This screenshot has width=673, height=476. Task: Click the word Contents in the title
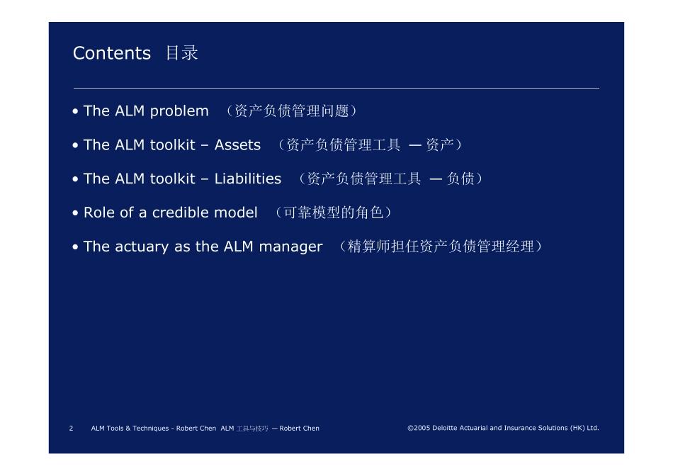coord(112,53)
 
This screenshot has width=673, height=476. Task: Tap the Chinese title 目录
coord(182,53)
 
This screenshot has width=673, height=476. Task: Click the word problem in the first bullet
coord(179,112)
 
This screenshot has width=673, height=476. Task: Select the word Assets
coord(237,145)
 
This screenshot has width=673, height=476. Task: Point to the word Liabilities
coord(248,178)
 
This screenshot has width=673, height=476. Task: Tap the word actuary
coord(142,247)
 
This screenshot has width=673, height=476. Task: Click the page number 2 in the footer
coord(72,429)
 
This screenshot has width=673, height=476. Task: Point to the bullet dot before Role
coord(76,213)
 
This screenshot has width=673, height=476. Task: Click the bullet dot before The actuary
coord(76,246)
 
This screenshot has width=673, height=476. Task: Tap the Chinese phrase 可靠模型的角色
coord(333,212)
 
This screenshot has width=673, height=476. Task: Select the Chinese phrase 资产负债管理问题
coord(291,111)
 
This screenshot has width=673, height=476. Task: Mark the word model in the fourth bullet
coord(236,212)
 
